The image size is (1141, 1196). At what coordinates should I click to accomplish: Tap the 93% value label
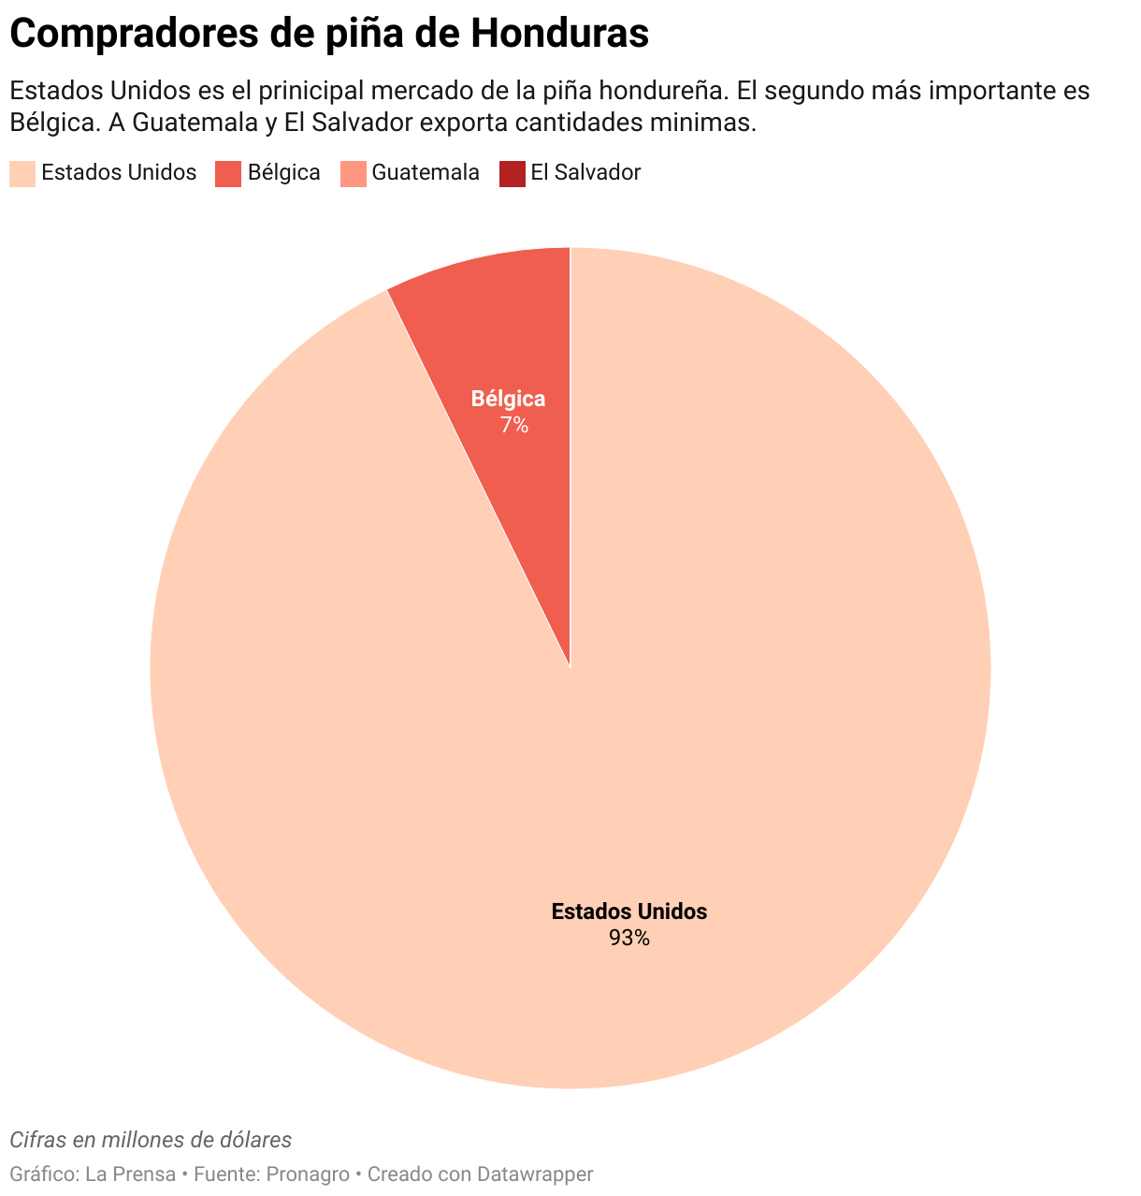point(628,938)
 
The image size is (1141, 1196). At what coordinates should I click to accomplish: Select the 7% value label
point(513,425)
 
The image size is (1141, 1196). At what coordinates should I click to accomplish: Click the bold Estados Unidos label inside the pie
point(628,912)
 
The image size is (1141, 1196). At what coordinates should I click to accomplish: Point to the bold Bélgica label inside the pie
point(508,399)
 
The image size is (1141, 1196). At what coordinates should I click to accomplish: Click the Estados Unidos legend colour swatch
point(22,173)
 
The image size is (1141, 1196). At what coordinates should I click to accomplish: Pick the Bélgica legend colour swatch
point(228,173)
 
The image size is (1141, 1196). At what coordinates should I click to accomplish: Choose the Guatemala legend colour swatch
point(353,173)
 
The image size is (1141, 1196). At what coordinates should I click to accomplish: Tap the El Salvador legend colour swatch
point(512,173)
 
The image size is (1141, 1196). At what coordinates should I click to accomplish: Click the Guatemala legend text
point(426,173)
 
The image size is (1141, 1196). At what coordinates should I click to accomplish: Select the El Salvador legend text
point(585,173)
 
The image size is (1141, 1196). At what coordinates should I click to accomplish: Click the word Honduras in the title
point(559,35)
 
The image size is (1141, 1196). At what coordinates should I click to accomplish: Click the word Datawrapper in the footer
point(535,1174)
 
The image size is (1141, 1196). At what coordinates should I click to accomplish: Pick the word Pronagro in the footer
point(308,1174)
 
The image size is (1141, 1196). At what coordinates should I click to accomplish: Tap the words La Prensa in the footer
point(130,1174)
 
